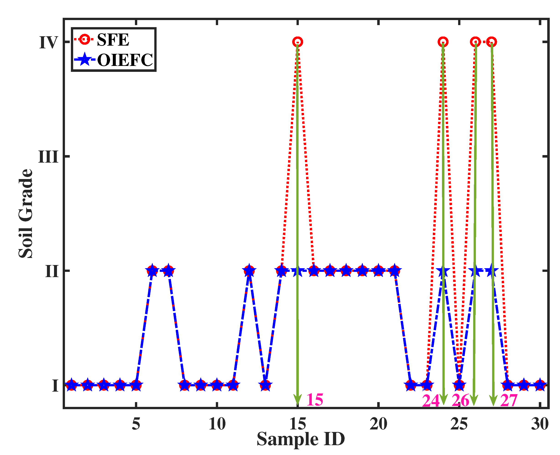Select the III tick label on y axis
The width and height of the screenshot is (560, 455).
coord(48,157)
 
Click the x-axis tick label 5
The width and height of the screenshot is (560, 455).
coord(136,424)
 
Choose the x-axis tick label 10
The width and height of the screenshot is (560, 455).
coord(217,424)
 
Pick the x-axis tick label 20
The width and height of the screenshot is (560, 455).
coord(378,424)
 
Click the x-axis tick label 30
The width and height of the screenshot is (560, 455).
coord(539,424)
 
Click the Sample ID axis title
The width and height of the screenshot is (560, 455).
coord(300,439)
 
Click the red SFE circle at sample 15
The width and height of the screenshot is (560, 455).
coord(297,42)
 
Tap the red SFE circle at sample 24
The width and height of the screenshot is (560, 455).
coord(443,42)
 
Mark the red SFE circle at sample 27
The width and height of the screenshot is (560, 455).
coord(491,42)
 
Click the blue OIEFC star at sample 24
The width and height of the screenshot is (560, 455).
coord(443,271)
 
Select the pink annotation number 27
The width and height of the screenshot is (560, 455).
coord(509,401)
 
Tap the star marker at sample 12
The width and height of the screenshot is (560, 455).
coord(249,271)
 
